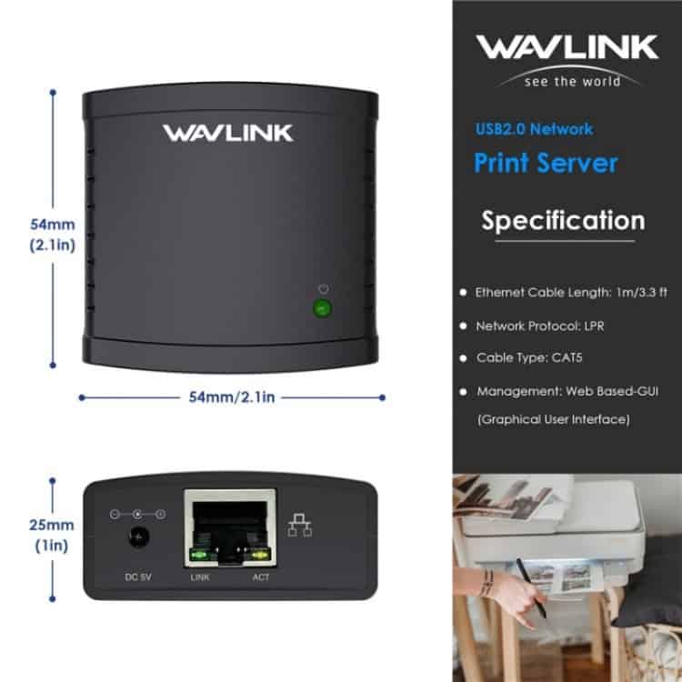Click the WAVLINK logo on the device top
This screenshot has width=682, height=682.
pos(228,133)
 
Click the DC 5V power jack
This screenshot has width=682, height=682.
pos(138,538)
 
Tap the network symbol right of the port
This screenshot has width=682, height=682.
pos(300,525)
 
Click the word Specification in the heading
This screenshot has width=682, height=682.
pos(563,221)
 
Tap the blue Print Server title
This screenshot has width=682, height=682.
pos(546,163)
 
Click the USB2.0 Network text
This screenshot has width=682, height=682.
pos(534,129)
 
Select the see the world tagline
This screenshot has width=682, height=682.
pos(572,81)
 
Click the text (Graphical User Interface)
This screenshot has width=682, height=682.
pos(554,420)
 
